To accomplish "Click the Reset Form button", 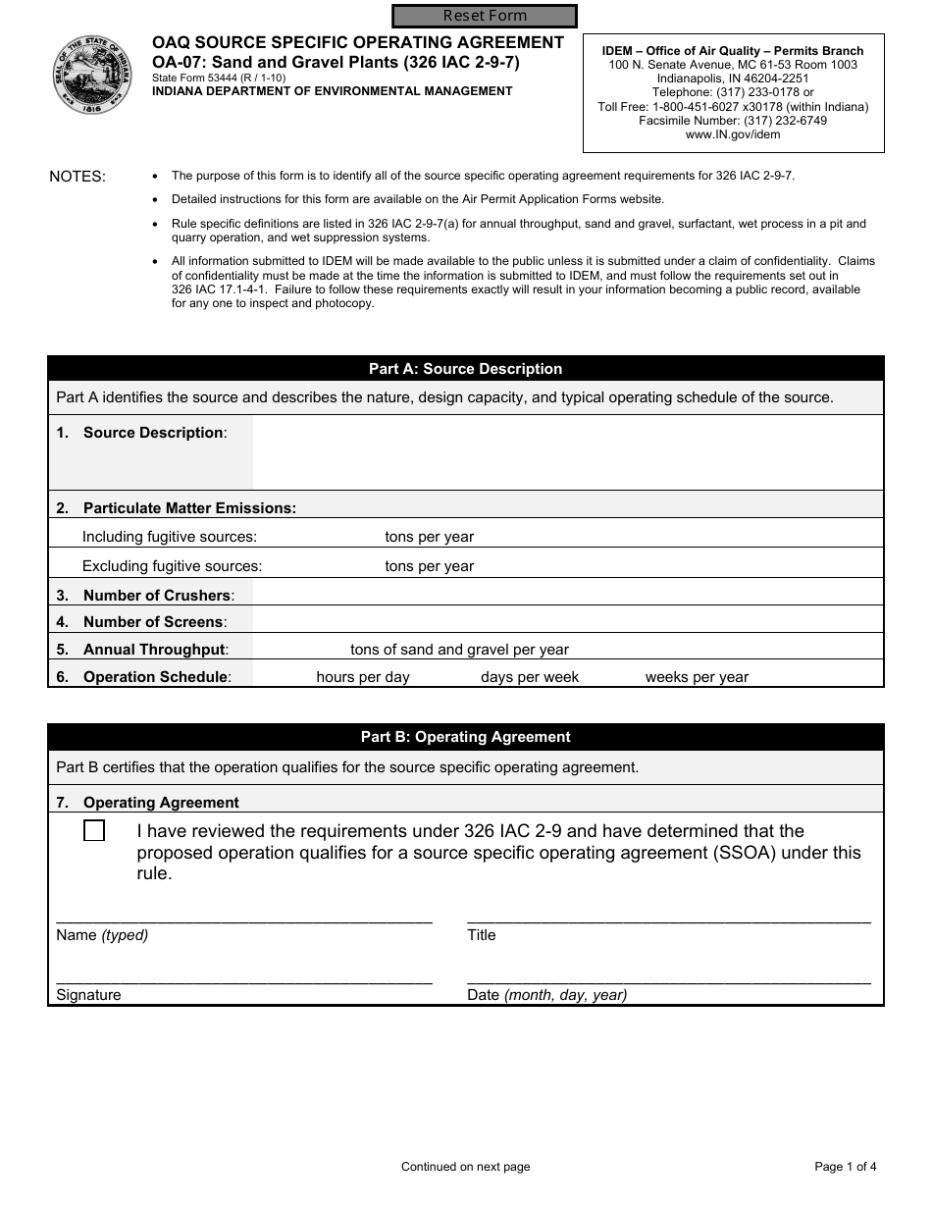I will click(x=485, y=16).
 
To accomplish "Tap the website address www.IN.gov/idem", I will click(x=733, y=134).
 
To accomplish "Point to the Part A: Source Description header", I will click(x=465, y=369).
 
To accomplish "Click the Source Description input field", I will click(x=567, y=452).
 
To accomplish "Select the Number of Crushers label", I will click(x=156, y=596).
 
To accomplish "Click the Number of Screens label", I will click(x=154, y=622).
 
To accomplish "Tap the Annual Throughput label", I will click(x=154, y=650).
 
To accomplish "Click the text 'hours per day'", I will click(x=363, y=677).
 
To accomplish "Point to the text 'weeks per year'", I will click(x=697, y=677).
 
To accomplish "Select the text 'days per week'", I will click(x=530, y=677).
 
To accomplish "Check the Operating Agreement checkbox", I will click(x=94, y=831).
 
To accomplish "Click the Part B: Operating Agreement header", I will click(x=465, y=737).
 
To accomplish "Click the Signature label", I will click(x=88, y=995).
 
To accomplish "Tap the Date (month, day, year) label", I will click(x=546, y=995).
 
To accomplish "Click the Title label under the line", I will click(x=482, y=935).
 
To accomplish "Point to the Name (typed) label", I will click(x=102, y=935).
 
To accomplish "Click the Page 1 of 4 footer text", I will click(x=845, y=1167).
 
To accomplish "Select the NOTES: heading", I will click(x=78, y=177).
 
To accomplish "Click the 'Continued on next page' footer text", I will click(x=465, y=1167).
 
